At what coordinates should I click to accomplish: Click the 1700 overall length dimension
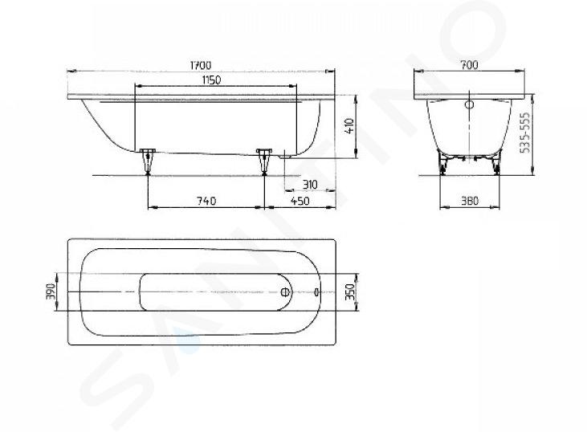201,65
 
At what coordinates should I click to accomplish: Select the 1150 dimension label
211,80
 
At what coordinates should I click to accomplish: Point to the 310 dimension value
310,185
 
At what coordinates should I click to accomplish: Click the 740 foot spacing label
206,201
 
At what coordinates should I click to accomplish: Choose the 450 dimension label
300,201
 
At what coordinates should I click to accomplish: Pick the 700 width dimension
469,65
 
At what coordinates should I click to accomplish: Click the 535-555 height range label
526,132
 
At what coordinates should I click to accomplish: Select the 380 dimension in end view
470,201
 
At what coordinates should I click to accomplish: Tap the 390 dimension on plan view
51,291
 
